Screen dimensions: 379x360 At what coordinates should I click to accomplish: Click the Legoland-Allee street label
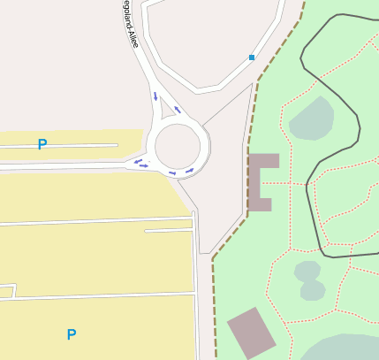(x=130, y=24)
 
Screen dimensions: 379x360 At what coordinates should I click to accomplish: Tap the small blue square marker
(x=252, y=57)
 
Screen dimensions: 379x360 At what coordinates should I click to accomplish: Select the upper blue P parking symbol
(x=42, y=144)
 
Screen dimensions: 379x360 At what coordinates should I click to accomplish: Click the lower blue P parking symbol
(x=71, y=334)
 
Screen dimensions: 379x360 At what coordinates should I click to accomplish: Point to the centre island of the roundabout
(x=178, y=146)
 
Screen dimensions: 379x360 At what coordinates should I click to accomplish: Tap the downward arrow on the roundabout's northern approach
(x=156, y=96)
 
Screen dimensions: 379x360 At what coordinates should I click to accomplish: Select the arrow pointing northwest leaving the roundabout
(x=178, y=110)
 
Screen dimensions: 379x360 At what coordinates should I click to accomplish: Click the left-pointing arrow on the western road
(x=141, y=164)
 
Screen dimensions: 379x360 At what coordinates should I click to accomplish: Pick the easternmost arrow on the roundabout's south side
(x=189, y=170)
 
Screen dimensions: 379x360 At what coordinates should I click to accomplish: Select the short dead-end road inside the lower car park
(x=168, y=231)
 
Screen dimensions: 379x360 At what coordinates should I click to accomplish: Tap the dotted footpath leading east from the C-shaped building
(x=287, y=183)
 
